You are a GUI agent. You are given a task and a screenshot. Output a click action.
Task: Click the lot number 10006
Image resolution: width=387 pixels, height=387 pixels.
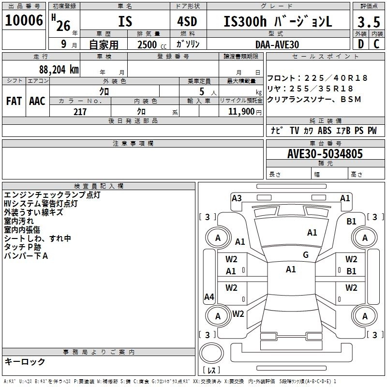click(x=24, y=20)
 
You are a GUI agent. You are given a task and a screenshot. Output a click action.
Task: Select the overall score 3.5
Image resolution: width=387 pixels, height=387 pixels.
click(x=368, y=22)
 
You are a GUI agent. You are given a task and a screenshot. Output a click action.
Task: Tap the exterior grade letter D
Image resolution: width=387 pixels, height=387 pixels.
click(x=360, y=44)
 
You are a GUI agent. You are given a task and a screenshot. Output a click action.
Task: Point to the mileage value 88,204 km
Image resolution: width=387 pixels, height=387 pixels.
click(x=59, y=69)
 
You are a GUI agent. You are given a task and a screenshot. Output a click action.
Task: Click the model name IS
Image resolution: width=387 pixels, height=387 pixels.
click(x=124, y=21)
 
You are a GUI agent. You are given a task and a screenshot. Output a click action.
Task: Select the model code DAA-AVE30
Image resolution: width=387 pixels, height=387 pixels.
click(x=277, y=44)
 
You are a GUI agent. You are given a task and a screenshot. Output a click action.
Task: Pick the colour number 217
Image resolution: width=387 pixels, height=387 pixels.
click(x=80, y=112)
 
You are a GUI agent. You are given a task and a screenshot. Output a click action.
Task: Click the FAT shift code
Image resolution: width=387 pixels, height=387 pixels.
click(x=14, y=101)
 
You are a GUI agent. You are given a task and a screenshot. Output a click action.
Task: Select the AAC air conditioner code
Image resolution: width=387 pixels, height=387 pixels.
click(x=37, y=101)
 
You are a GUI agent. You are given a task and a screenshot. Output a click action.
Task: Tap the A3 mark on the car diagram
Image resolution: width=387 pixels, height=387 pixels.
click(x=237, y=198)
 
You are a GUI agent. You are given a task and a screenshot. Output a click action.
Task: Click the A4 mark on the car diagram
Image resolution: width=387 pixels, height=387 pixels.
click(x=209, y=297)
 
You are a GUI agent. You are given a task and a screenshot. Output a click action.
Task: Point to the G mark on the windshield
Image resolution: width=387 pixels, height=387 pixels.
click(x=305, y=255)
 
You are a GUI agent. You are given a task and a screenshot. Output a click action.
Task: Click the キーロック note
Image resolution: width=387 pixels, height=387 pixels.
click(x=25, y=361)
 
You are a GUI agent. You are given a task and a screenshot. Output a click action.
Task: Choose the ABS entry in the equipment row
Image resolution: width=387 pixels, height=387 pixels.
click(x=325, y=131)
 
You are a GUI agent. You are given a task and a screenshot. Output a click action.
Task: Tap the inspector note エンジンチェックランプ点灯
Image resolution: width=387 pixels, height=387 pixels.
click(x=52, y=195)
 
